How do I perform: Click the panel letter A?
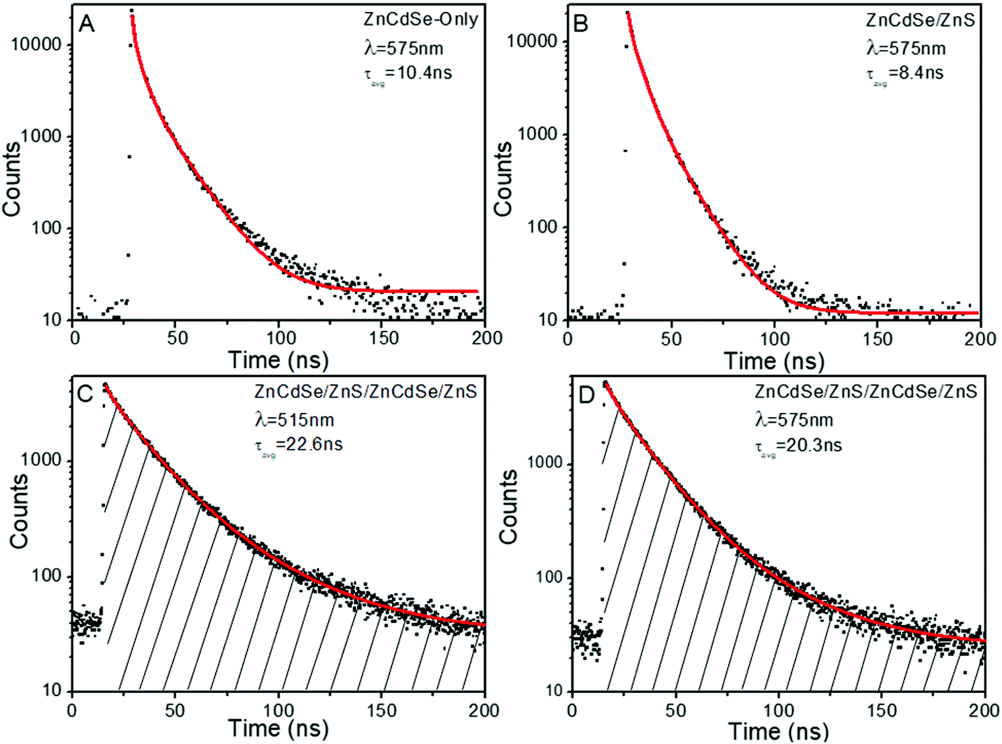pos(87,24)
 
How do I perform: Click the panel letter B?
pos(580,24)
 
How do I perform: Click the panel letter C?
pos(85,394)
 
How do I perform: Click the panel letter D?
pos(586,395)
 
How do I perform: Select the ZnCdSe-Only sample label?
pos(420,20)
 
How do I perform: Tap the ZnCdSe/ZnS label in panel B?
pos(920,20)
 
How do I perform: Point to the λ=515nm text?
pos(295,420)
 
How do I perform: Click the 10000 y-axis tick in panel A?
pos(36,45)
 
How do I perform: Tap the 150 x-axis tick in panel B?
pos(878,338)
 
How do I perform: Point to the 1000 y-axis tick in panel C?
pos(42,461)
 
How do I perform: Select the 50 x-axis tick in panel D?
pos(675,710)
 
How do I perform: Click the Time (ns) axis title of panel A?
pos(278,360)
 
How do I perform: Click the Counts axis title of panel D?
pos(508,507)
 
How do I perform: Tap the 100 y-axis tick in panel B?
pos(542,227)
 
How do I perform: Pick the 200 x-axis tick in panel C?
pos(484,710)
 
